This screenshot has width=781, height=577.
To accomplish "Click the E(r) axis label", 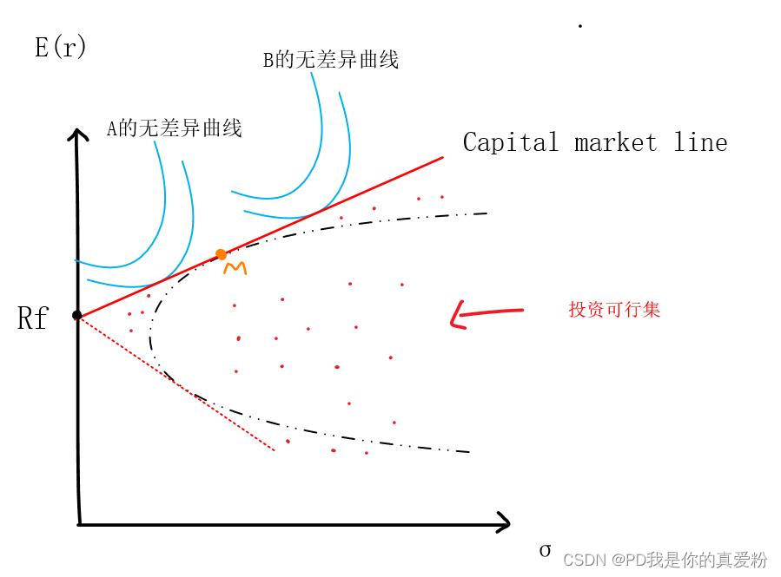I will click(60, 47).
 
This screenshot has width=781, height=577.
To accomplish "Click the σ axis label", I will click(545, 550).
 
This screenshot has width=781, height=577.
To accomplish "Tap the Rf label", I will click(32, 319).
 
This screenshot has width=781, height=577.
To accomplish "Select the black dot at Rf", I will click(76, 315).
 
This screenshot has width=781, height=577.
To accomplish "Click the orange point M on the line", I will click(221, 254).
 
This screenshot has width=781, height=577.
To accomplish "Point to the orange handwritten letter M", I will click(235, 269).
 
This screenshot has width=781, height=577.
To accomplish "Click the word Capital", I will click(511, 142).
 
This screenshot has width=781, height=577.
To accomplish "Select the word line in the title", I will click(700, 142).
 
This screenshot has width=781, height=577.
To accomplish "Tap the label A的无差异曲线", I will click(174, 129).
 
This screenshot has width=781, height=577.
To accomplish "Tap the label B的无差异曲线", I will click(330, 61).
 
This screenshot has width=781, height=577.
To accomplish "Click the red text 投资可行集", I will click(614, 310).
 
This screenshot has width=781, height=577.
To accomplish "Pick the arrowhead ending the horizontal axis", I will click(506, 522).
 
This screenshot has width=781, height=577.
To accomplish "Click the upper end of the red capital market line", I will click(442, 158).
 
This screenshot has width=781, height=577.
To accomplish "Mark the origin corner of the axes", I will click(79, 523).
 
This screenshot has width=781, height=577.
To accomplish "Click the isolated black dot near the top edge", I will click(579, 26).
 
